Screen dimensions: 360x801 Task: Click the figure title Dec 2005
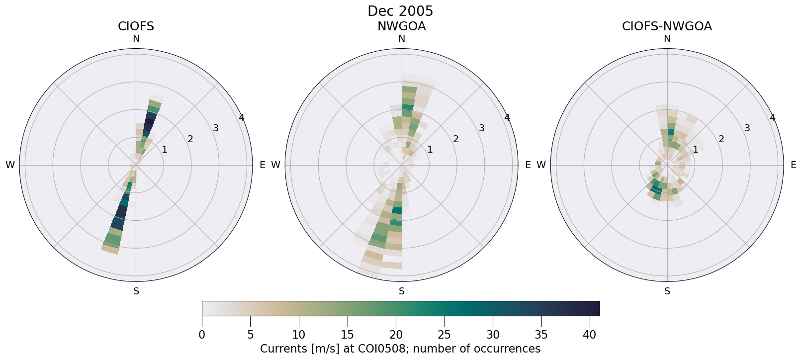(400, 11)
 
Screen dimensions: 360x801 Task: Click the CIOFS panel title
(136, 26)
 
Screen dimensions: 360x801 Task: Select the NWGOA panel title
(401, 26)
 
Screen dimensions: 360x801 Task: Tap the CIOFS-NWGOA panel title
(667, 26)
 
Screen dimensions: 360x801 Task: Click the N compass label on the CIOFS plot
(136, 39)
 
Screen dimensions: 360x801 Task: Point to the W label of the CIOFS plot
(10, 165)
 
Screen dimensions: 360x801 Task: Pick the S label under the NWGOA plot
(401, 291)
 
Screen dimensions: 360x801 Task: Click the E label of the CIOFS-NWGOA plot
(793, 165)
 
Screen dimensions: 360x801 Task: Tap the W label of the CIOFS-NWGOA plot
(541, 165)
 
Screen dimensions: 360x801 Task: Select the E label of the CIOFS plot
(262, 165)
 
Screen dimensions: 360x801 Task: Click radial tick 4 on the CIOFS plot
(242, 118)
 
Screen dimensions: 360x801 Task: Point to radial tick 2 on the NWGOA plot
(455, 139)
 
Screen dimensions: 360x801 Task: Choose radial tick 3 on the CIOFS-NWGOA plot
(747, 128)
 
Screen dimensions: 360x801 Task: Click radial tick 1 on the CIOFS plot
(165, 150)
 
